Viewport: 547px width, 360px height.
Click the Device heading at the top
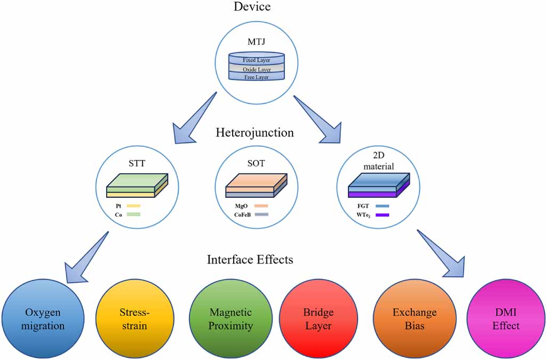click(252, 7)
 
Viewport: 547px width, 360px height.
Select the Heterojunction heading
click(255, 132)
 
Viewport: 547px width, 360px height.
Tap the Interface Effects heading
click(250, 260)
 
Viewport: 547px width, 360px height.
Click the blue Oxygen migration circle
click(42, 318)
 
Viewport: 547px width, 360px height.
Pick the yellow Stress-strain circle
click(134, 318)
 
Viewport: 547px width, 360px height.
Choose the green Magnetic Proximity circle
click(231, 318)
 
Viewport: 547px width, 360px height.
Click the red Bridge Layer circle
click(318, 318)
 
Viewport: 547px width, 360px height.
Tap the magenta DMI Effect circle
click(505, 318)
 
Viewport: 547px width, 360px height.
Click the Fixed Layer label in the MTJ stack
click(257, 60)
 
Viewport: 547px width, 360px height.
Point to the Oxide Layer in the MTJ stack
click(257, 69)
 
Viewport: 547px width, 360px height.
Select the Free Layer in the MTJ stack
click(257, 77)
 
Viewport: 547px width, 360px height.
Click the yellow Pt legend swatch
click(133, 205)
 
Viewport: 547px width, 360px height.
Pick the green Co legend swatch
click(133, 214)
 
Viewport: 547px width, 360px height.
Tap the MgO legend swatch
click(261, 205)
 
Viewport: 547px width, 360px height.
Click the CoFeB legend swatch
click(261, 214)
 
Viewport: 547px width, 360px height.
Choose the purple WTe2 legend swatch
click(382, 214)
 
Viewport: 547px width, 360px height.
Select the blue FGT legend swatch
click(382, 205)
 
